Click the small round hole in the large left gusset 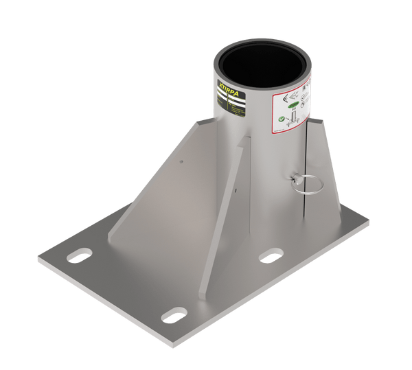point(181,162)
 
